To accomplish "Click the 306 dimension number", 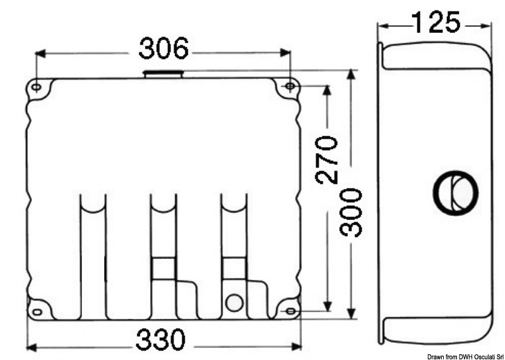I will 163,49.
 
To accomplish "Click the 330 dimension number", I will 162,341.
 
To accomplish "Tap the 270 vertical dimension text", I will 327,159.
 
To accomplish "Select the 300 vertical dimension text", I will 351,212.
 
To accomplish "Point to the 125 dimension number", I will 435,23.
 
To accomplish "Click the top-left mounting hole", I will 37,87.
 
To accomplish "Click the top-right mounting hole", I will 290,87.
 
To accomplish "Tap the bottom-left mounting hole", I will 37,310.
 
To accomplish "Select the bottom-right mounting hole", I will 290,310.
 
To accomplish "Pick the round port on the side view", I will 454,191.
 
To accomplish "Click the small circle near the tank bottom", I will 234,303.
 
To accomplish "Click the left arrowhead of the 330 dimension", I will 31,346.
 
